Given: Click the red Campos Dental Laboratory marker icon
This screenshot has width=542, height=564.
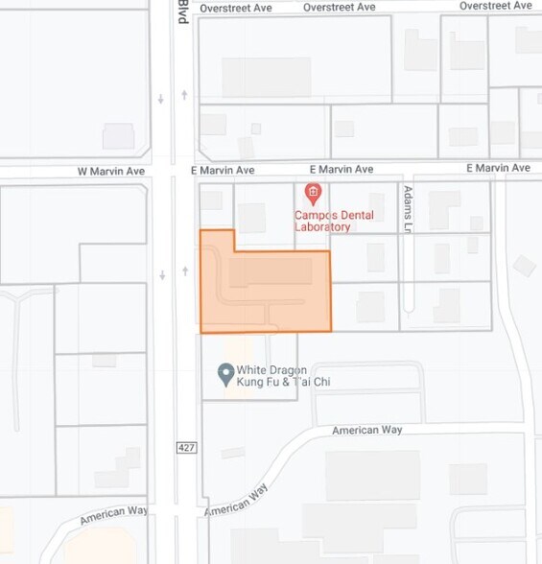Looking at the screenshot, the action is click(x=312, y=192).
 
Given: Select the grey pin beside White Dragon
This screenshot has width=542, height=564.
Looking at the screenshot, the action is click(x=226, y=372).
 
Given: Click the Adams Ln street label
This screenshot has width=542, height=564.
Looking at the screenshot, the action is click(x=408, y=209).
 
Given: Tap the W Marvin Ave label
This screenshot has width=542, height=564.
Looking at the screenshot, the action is click(x=110, y=171).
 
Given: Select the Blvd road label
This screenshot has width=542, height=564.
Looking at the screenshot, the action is click(x=183, y=12).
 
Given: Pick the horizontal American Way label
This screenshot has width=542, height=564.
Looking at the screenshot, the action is click(x=366, y=430).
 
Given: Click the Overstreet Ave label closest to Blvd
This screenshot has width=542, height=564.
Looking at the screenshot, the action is click(x=236, y=8).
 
